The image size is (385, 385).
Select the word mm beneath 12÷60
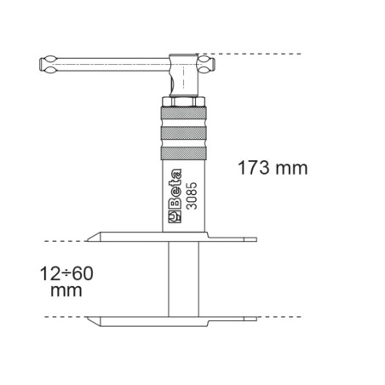64,291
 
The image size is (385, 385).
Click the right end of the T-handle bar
203,61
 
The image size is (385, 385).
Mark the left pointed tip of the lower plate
92,321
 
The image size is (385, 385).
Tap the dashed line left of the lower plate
51,317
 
